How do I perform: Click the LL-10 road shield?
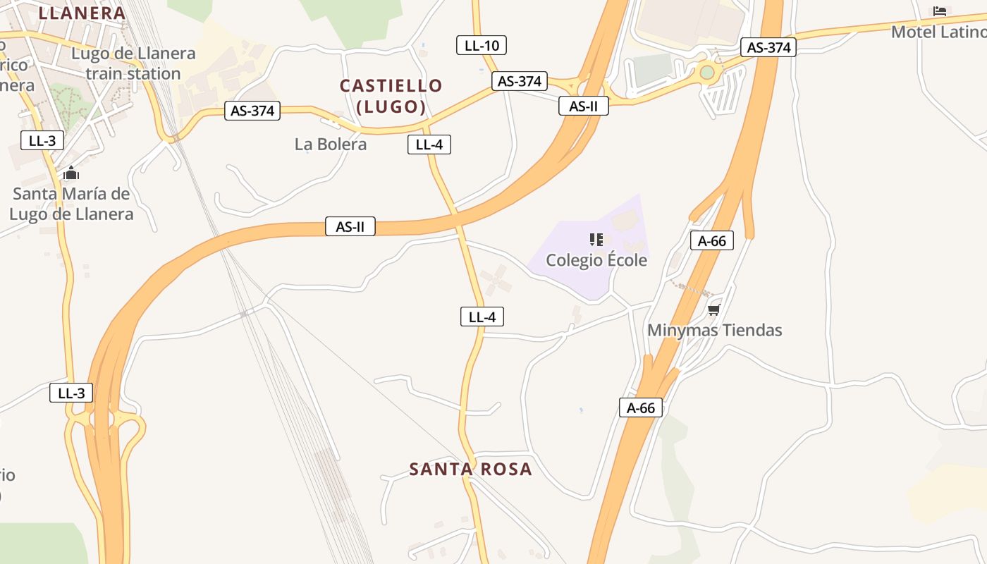[x=482, y=46]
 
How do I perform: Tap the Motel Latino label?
[x=938, y=32]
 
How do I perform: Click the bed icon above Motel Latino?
[x=939, y=11]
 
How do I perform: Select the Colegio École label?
[x=596, y=260]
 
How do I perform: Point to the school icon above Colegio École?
[x=596, y=240]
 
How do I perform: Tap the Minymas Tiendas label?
[x=714, y=330]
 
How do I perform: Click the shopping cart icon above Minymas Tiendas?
[x=713, y=309]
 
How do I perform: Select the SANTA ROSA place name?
[x=470, y=469]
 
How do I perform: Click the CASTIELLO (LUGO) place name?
[x=391, y=96]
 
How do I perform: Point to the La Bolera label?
[x=331, y=145]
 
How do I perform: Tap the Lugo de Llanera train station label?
[x=133, y=63]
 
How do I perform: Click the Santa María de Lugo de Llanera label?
[x=71, y=204]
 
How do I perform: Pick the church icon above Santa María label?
[x=71, y=173]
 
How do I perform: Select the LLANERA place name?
[x=82, y=13]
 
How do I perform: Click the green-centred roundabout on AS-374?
[x=707, y=72]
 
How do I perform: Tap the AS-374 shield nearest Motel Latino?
[x=768, y=47]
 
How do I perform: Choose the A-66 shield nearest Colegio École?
[x=712, y=240]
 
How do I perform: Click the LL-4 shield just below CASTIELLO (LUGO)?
[x=429, y=145]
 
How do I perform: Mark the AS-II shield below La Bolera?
[x=350, y=226]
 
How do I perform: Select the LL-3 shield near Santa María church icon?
[x=42, y=140]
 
